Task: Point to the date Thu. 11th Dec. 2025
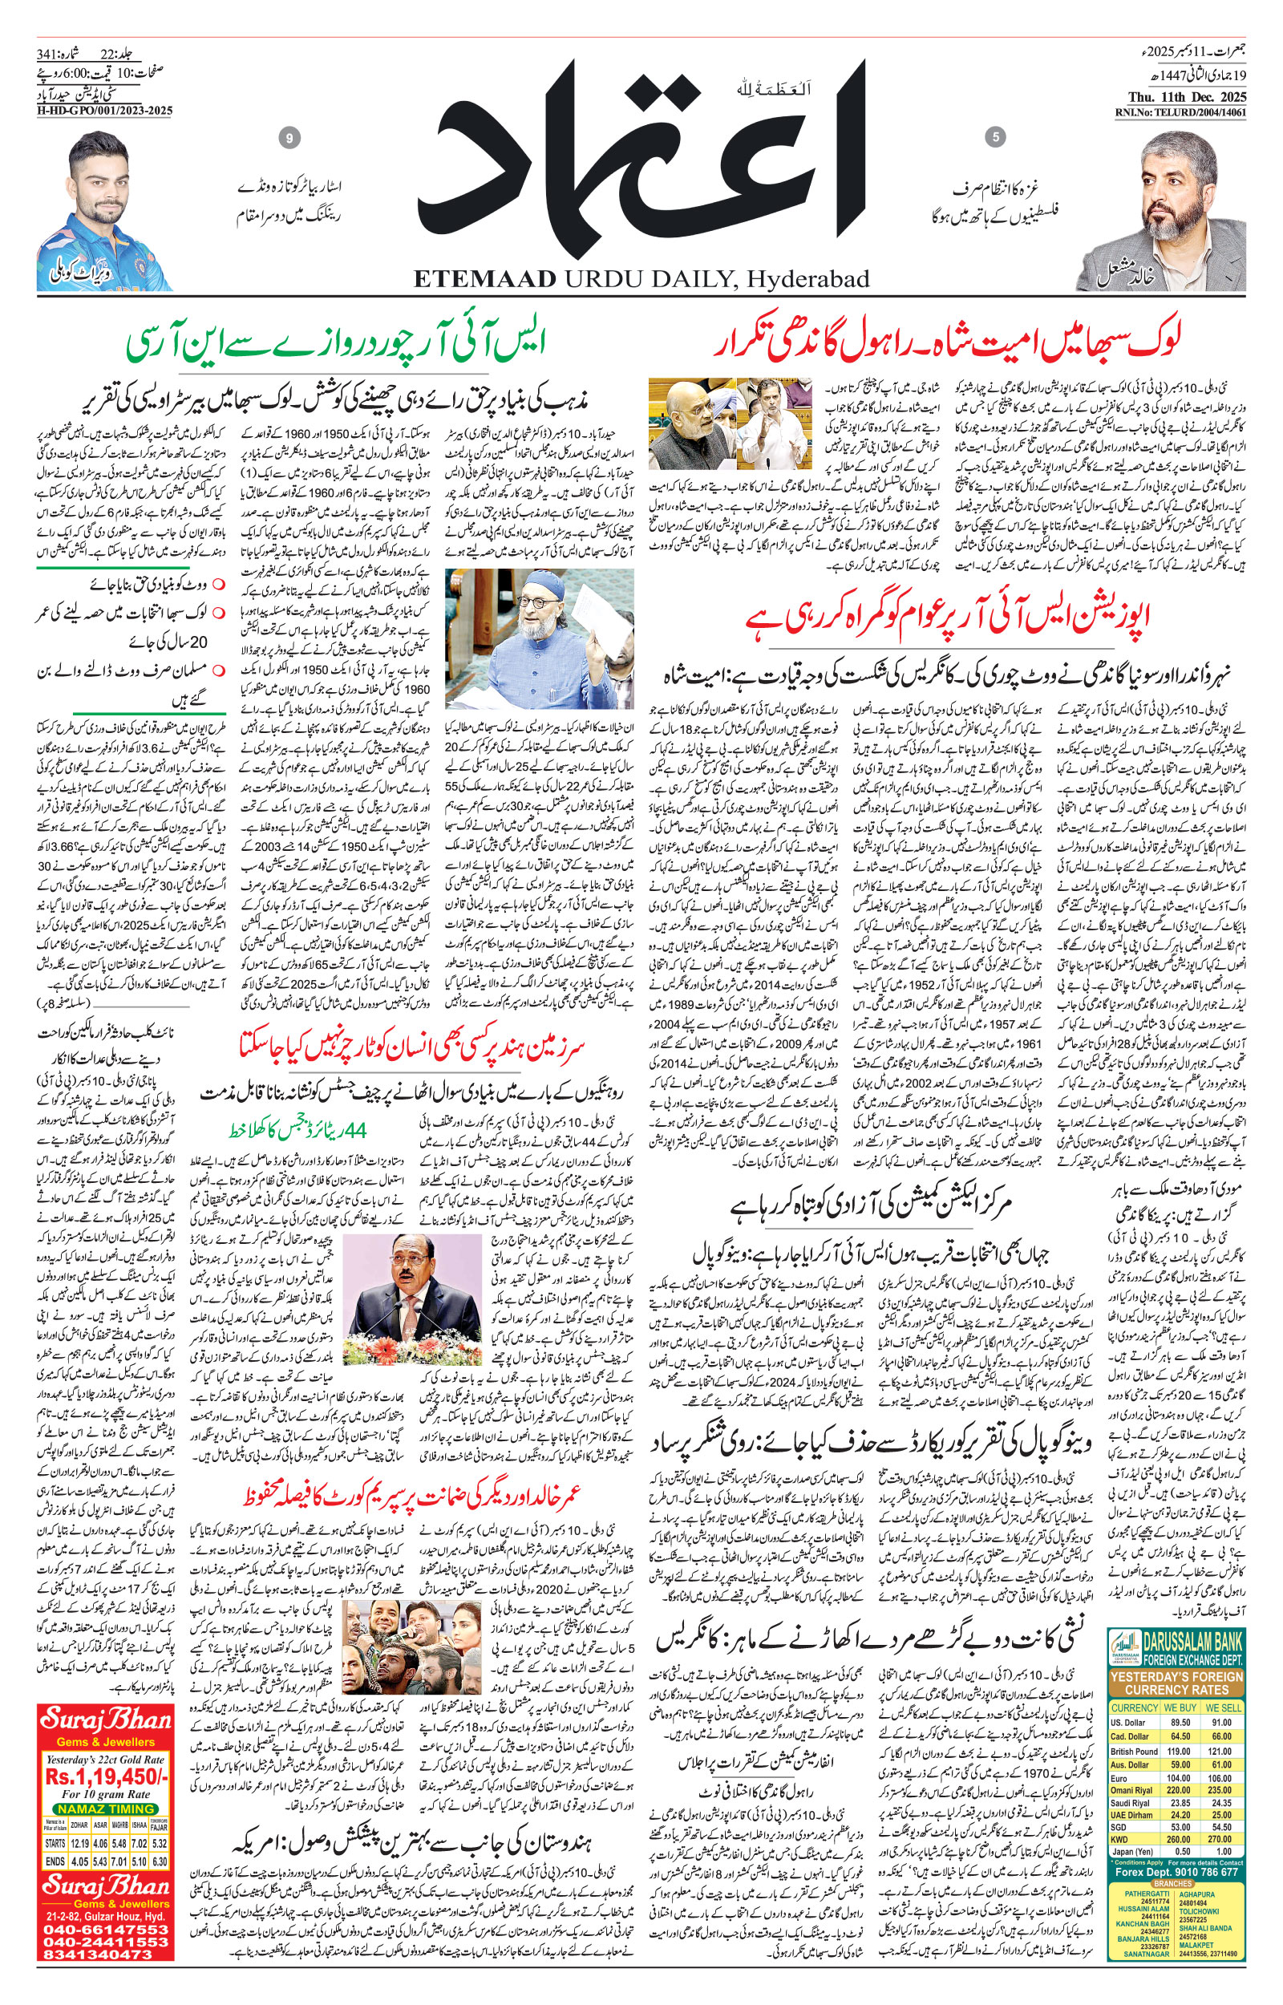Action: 1179,95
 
